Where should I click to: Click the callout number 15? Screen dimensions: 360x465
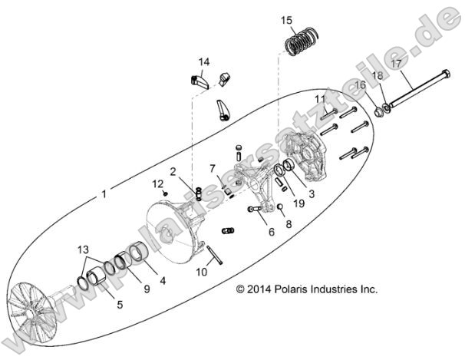pyautogui.click(x=286, y=20)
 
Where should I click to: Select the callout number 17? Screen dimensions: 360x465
pyautogui.click(x=396, y=64)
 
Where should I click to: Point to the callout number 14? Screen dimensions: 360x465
pyautogui.click(x=204, y=61)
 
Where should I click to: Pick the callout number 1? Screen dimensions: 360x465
pyautogui.click(x=104, y=194)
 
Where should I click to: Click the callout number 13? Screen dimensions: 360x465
pyautogui.click(x=82, y=250)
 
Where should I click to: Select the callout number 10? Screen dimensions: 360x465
pyautogui.click(x=201, y=271)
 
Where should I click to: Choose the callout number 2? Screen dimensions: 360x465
pyautogui.click(x=174, y=171)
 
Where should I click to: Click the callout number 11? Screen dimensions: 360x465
pyautogui.click(x=320, y=100)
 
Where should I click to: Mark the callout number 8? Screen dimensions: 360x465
pyautogui.click(x=289, y=224)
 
